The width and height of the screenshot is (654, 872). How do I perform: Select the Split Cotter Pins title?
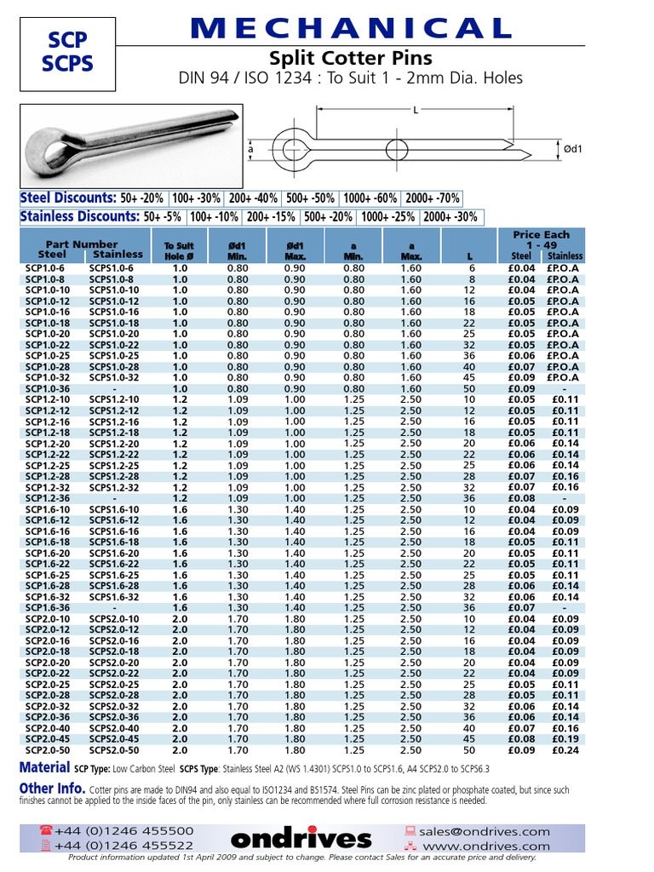pyautogui.click(x=350, y=59)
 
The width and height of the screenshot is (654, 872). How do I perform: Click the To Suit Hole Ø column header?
pyautogui.click(x=179, y=250)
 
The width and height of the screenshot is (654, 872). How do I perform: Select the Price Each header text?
pyautogui.click(x=541, y=234)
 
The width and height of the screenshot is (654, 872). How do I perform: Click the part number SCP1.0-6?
pyautogui.click(x=44, y=267)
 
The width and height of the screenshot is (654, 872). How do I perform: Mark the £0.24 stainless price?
pyautogui.click(x=565, y=749)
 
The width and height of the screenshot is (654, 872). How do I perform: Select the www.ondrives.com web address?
pyautogui.click(x=497, y=846)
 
